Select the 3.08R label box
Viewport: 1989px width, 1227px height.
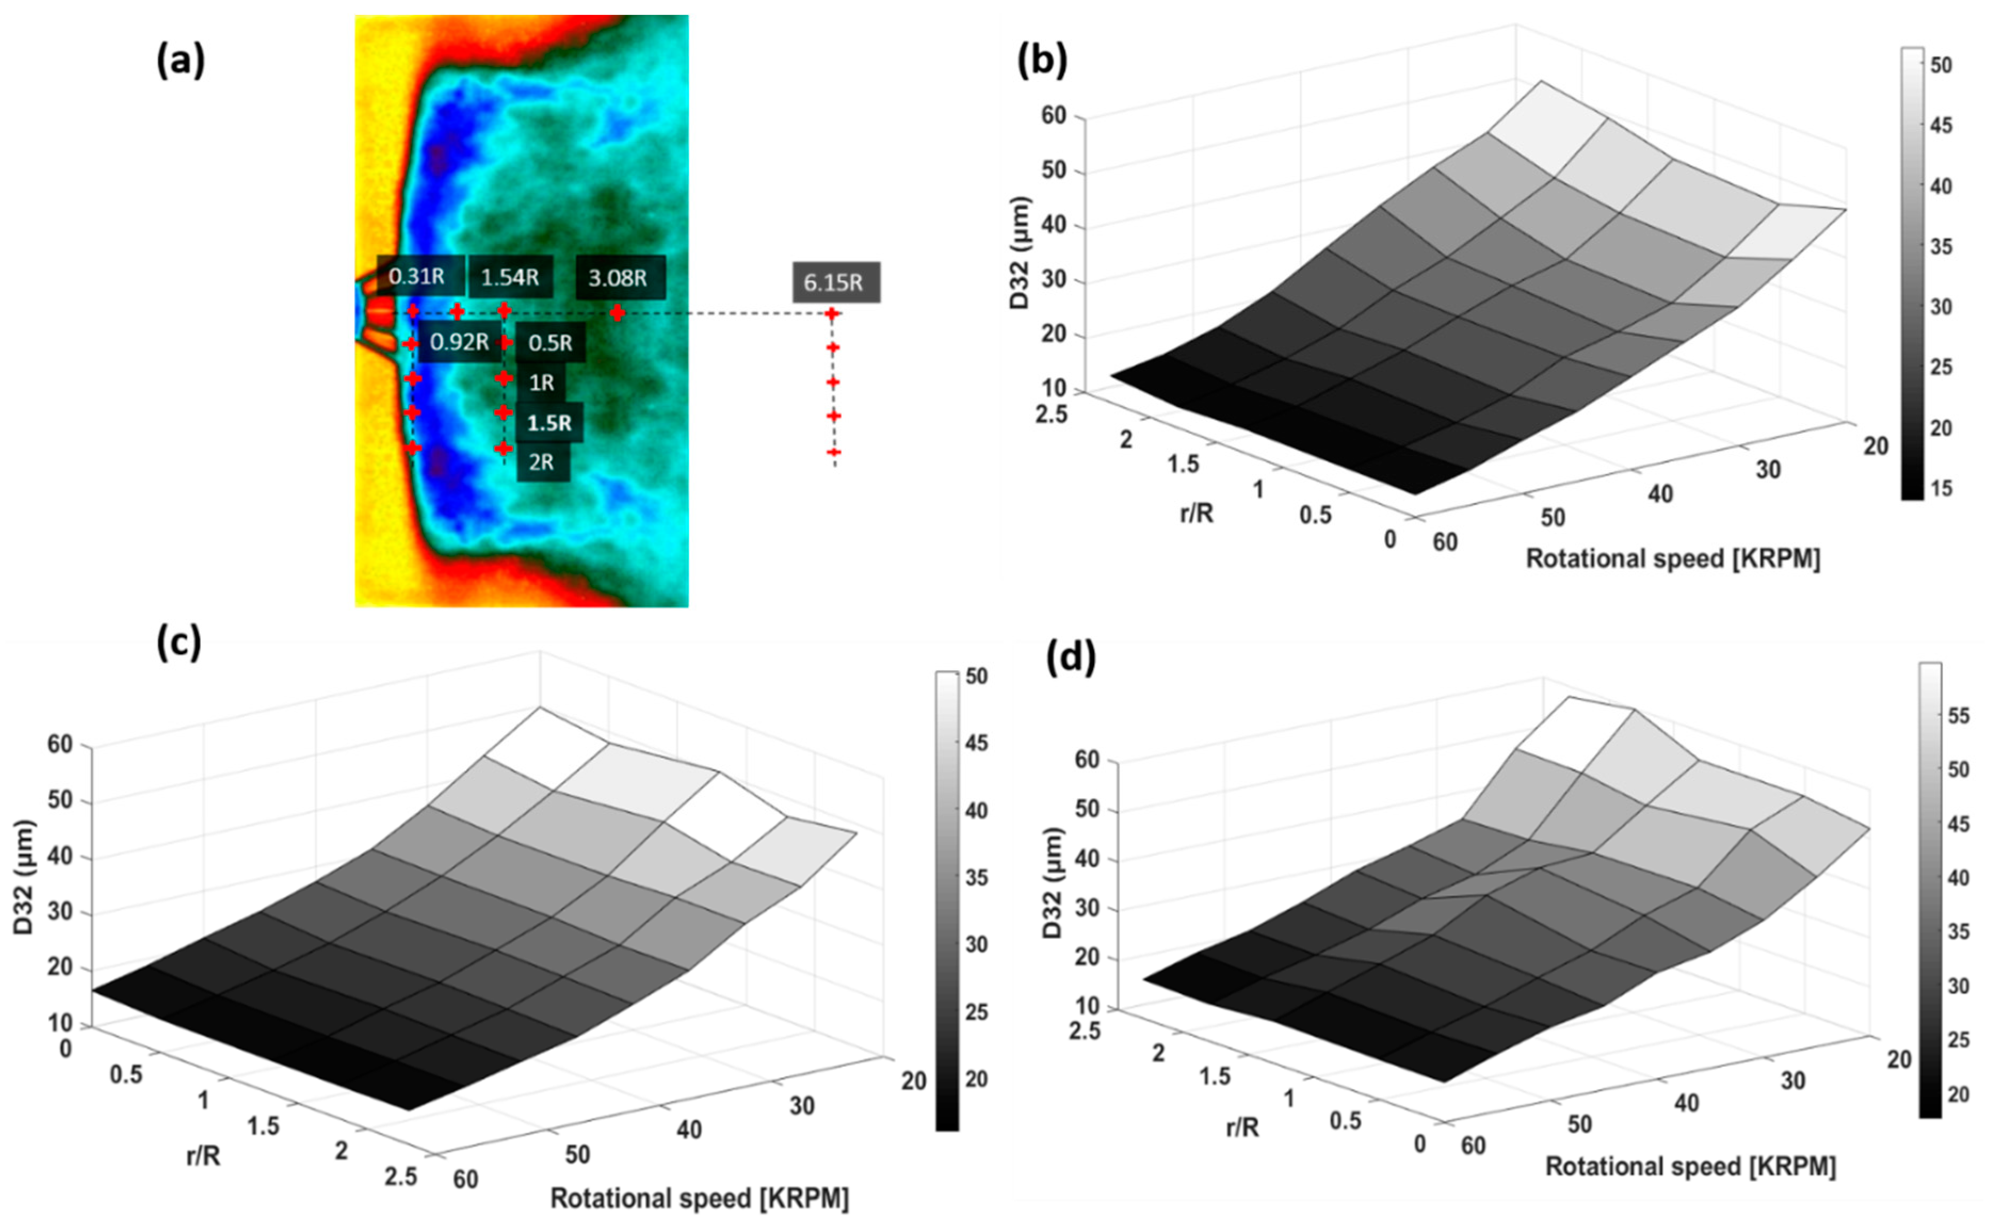(619, 278)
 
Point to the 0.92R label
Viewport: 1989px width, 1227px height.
(459, 342)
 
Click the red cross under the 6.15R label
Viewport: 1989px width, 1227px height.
(832, 314)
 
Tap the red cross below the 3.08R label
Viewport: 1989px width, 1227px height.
(618, 312)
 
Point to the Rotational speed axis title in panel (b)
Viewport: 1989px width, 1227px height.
(1672, 559)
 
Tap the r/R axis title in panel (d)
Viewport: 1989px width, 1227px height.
(1243, 1127)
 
